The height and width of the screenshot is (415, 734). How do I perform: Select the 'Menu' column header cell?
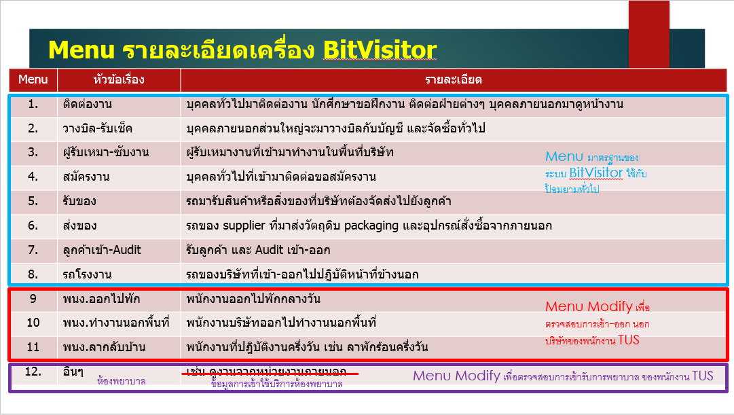click(33, 80)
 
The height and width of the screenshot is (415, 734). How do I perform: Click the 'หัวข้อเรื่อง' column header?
click(119, 80)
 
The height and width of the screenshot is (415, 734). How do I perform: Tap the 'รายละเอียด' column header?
click(453, 80)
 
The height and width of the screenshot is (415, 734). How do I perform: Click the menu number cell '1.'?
click(33, 105)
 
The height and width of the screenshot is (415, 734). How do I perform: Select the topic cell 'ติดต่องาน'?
click(88, 105)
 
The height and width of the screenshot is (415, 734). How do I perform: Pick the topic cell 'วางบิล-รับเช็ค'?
click(98, 128)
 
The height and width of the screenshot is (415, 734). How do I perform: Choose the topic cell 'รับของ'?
click(79, 201)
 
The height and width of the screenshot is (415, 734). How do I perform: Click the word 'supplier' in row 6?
click(243, 225)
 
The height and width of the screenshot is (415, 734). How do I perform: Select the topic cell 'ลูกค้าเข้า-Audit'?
click(102, 250)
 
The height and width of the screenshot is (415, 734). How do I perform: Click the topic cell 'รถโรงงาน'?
click(87, 274)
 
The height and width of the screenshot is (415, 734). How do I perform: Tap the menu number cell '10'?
click(33, 323)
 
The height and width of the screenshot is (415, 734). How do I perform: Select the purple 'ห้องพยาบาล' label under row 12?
click(122, 382)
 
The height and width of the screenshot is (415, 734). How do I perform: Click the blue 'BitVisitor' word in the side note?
click(596, 173)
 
